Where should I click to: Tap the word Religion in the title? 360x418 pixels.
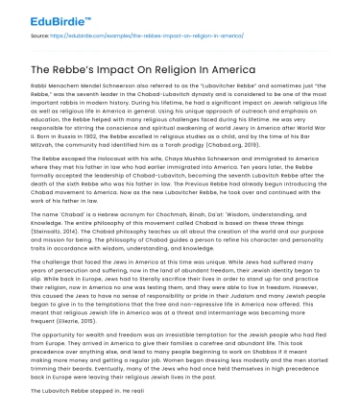pos(177,68)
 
